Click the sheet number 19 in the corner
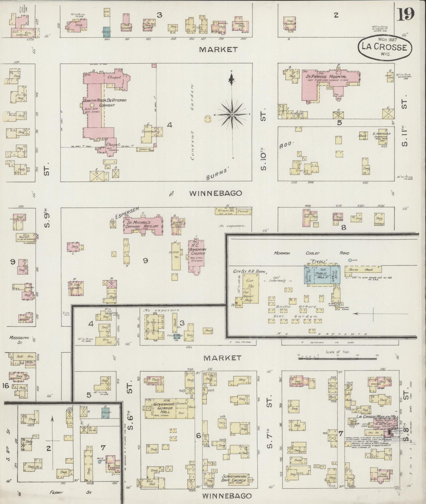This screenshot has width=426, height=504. click(406, 14)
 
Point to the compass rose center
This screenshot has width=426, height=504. click(232, 114)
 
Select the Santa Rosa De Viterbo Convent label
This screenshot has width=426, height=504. click(105, 103)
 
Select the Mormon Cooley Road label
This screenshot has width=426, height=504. click(312, 253)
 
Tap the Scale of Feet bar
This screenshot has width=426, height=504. click(338, 357)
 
